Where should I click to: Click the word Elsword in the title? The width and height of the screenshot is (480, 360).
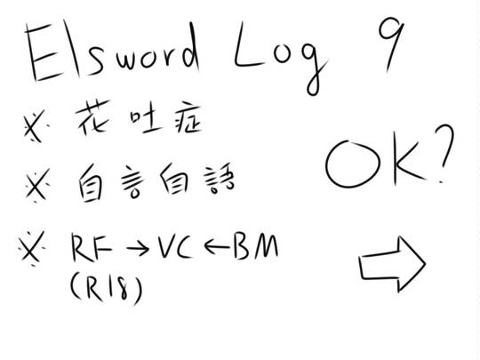click(x=113, y=51)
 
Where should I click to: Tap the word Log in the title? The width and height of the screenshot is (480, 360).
click(x=280, y=58)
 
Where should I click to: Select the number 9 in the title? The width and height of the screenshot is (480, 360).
click(x=391, y=43)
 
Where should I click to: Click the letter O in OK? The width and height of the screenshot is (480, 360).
click(x=352, y=164)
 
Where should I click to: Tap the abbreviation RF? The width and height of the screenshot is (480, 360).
click(x=92, y=247)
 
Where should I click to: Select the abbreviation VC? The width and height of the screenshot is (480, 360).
click(x=174, y=246)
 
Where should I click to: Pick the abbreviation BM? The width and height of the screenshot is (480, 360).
click(x=256, y=246)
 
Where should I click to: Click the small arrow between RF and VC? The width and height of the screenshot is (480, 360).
click(x=138, y=249)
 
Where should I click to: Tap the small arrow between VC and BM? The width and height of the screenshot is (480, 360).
click(x=216, y=246)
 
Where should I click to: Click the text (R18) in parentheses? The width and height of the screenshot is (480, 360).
click(x=107, y=288)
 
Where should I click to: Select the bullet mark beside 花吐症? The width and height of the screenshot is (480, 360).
click(x=36, y=126)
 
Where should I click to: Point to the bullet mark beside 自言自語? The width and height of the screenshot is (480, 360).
click(x=36, y=185)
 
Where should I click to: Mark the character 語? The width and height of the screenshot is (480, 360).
click(x=220, y=180)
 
